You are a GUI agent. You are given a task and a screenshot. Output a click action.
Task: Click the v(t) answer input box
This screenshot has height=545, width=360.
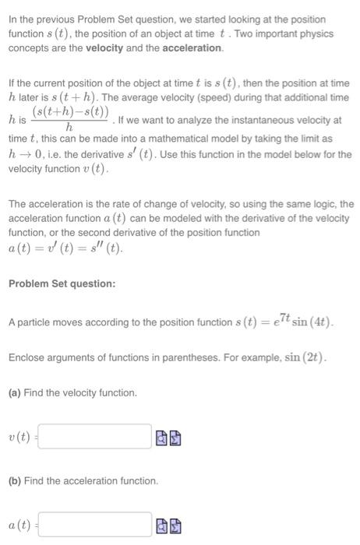pyautogui.click(x=94, y=437)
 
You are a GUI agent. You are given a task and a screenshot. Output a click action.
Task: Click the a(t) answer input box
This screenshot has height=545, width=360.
pyautogui.click(x=94, y=525)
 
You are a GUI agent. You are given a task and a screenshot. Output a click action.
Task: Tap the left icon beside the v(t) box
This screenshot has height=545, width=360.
pyautogui.click(x=161, y=438)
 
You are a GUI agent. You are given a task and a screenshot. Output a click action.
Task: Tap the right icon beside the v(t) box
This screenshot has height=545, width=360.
pyautogui.click(x=175, y=438)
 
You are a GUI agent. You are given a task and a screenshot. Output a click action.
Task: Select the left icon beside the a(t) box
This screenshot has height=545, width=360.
pyautogui.click(x=161, y=526)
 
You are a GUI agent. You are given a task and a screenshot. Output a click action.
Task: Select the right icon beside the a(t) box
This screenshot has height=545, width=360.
pyautogui.click(x=175, y=526)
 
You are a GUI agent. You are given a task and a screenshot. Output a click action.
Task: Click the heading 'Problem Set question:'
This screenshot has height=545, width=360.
pyautogui.click(x=62, y=283)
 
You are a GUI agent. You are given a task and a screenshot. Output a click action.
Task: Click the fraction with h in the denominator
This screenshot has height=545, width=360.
pyautogui.click(x=70, y=120)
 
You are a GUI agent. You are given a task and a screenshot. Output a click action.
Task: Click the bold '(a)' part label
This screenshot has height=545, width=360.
pyautogui.click(x=15, y=393)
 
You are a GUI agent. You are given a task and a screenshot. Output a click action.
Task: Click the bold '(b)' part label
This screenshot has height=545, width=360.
pyautogui.click(x=15, y=481)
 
